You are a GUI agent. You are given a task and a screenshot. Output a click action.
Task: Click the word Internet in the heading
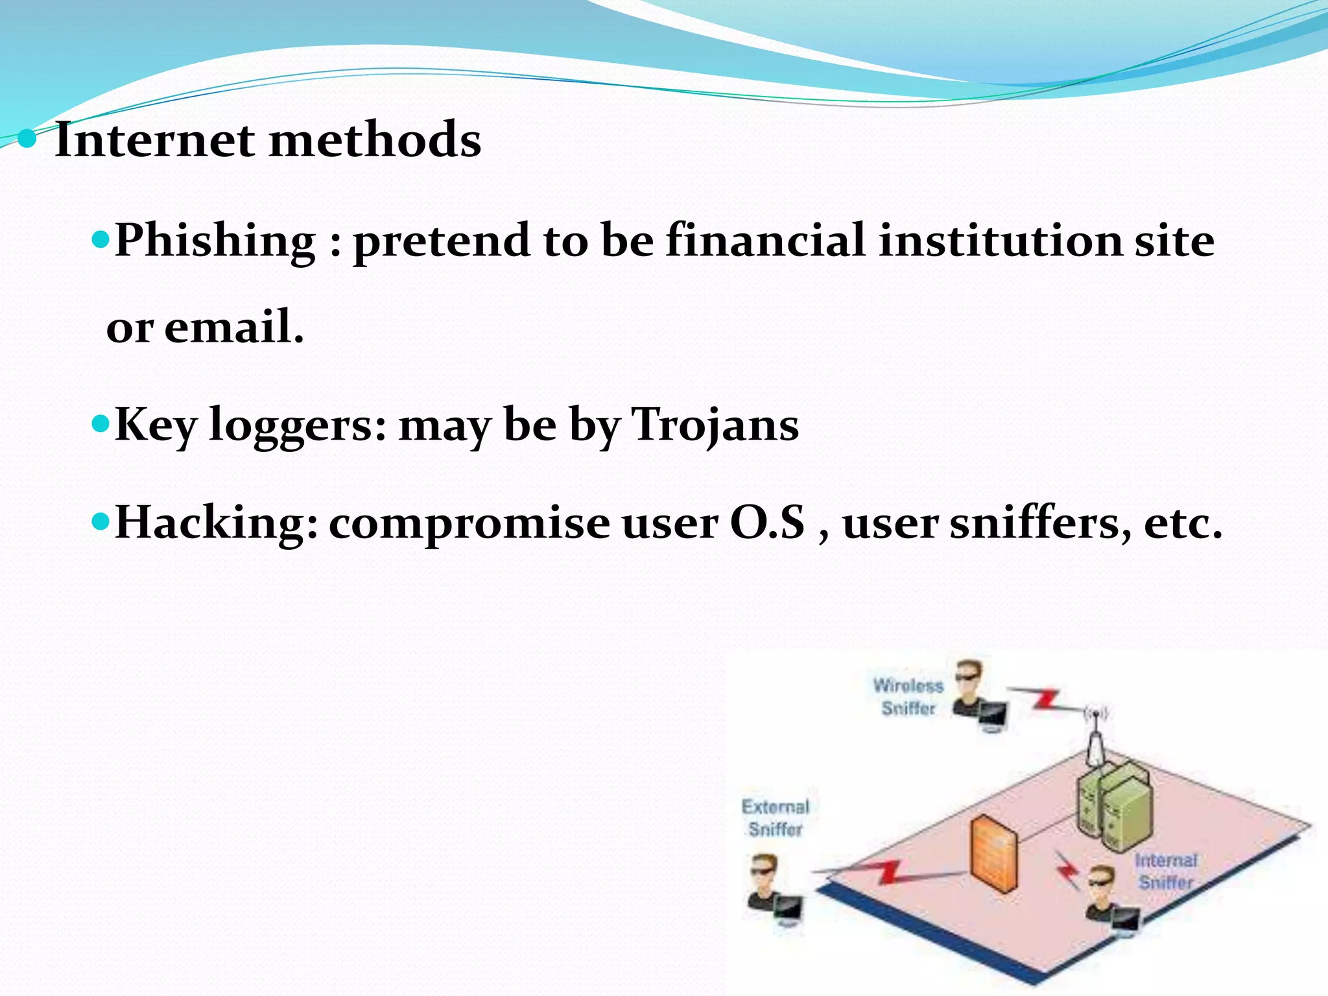coord(154,139)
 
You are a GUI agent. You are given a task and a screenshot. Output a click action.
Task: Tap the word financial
coord(765,240)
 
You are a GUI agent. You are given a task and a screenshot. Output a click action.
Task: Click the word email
coord(233,326)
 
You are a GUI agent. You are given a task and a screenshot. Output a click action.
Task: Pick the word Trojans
coord(715,425)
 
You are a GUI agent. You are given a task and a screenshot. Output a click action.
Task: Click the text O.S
coord(768,523)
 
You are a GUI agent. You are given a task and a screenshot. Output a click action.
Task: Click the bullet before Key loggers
coord(102,425)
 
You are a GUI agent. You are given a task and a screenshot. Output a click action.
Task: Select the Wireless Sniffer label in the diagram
coord(908,696)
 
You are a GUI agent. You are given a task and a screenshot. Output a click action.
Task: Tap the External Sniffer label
coord(776,818)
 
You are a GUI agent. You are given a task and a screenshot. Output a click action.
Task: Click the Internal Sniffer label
coord(1166,871)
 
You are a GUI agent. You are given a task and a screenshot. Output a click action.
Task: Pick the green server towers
coord(1114,804)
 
